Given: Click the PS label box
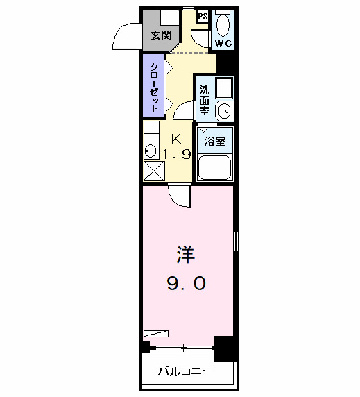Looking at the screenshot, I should tap(202, 16).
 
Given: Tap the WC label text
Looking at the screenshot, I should tap(223, 44).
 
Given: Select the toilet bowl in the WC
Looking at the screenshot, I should tap(223, 25).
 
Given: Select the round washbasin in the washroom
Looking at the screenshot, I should tap(223, 110).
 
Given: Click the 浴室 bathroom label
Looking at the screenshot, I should tap(214, 142).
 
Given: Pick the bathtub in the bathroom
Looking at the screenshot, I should tap(215, 167).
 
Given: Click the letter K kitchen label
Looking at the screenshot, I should tap(177, 137).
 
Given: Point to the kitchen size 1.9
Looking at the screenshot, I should tap(175, 155).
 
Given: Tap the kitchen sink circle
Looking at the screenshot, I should tap(150, 149).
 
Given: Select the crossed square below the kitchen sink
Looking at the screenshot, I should tap(153, 170).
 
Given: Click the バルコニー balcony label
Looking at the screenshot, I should tap(185, 372).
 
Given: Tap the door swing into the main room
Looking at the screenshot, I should tap(178, 196).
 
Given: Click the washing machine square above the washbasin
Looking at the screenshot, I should tap(224, 87).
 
